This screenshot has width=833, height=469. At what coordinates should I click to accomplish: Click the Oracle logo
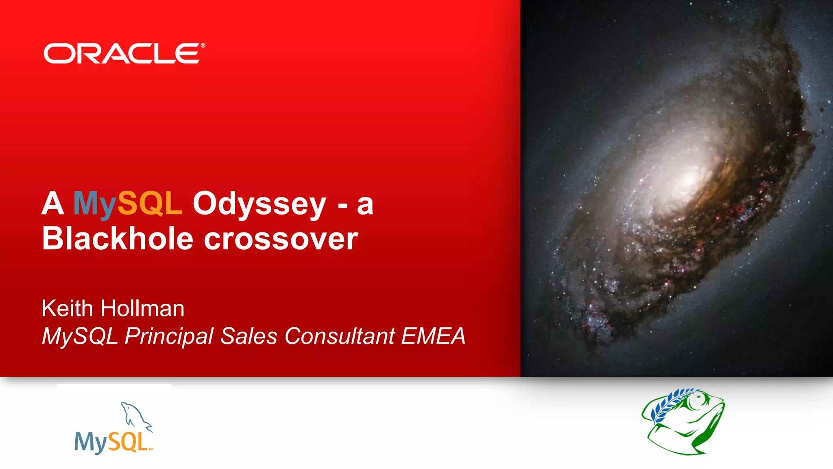[122, 54]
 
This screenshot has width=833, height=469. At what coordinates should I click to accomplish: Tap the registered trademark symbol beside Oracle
[203, 46]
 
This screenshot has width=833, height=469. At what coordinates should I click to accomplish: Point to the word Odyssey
[259, 204]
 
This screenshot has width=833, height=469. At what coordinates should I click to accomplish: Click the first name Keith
[67, 308]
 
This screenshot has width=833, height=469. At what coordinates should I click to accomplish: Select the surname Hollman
[142, 308]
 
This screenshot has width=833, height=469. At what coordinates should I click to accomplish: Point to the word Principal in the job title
[169, 337]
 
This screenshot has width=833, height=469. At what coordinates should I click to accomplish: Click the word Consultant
[340, 336]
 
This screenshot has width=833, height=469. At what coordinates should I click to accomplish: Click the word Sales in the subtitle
[249, 336]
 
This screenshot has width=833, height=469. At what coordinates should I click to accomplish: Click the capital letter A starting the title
[53, 204]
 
